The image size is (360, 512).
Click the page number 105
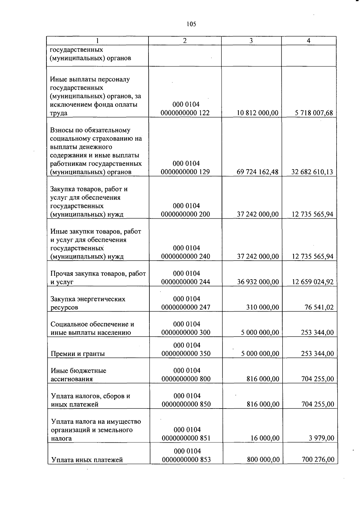191,24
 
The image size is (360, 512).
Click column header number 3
251,41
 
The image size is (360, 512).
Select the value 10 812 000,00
257,113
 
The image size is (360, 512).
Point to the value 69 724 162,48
257,172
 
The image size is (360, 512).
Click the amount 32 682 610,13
312,172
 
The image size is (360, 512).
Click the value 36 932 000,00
258,282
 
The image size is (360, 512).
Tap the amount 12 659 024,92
313,282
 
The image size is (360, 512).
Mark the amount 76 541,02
319,307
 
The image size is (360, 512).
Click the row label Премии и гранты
78,354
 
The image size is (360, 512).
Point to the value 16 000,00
265,438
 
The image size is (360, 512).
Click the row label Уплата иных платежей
87,460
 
